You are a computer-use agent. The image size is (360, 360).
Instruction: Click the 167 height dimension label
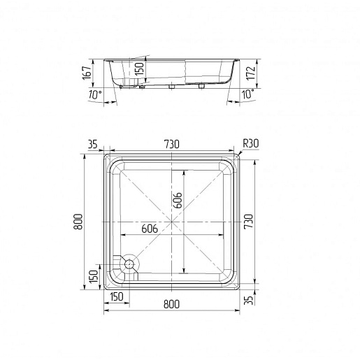(87, 73)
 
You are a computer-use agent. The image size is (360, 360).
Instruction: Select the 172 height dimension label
(251, 73)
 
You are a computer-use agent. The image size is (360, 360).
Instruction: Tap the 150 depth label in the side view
(139, 69)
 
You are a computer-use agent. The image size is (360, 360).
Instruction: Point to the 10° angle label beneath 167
(95, 94)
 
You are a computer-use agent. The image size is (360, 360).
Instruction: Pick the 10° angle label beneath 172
(247, 94)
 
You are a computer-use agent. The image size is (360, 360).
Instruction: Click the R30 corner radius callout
(251, 143)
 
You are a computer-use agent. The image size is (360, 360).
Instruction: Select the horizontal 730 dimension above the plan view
(172, 144)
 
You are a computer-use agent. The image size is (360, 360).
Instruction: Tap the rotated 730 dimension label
(248, 222)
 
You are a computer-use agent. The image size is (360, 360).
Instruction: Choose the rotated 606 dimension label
(178, 200)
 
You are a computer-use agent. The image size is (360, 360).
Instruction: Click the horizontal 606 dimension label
(150, 229)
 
